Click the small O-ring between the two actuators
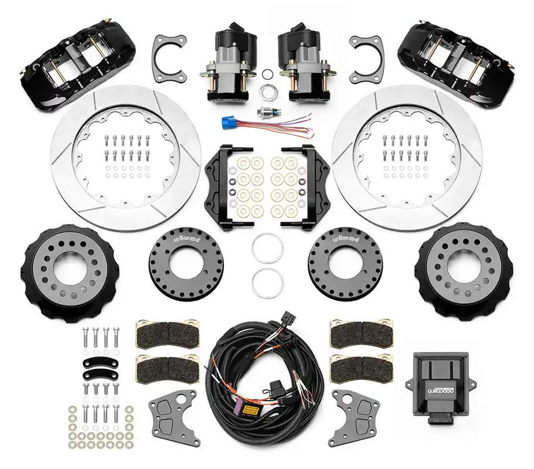coord(267,73)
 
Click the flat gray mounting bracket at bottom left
coord(174,417)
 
